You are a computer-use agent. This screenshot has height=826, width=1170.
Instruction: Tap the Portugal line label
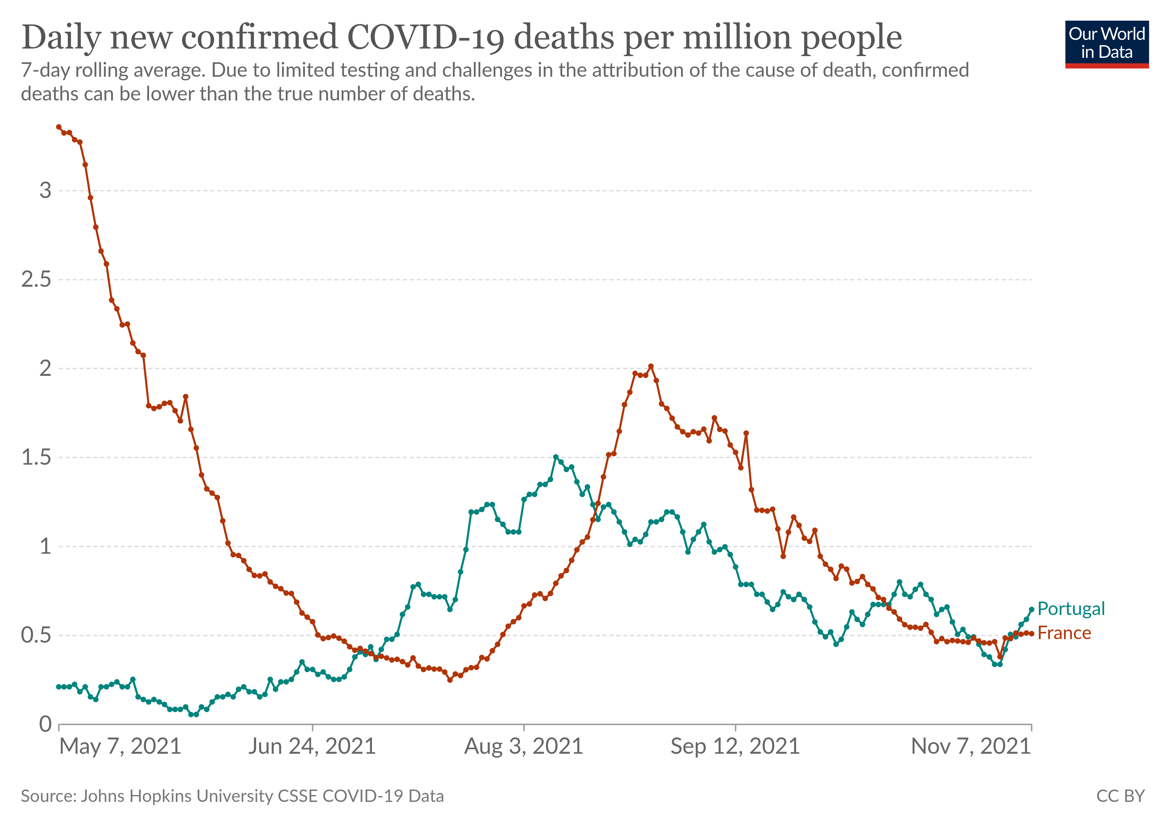pos(1071,608)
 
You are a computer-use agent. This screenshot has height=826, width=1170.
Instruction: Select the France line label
pos(1064,633)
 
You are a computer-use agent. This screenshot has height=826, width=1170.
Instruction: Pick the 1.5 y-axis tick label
pos(36,457)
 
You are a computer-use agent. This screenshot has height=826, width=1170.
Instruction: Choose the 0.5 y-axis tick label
pos(36,635)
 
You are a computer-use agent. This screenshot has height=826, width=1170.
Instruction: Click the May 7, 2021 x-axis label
pos(120,746)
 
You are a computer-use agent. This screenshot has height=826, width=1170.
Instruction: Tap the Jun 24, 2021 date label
pos(312,746)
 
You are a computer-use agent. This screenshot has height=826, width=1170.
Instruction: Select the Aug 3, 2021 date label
pos(523,746)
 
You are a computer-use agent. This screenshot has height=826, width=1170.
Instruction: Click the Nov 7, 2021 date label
pos(971,746)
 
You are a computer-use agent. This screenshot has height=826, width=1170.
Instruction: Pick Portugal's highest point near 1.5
pos(555,457)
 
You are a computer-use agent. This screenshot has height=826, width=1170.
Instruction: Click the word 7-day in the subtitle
pos(46,70)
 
